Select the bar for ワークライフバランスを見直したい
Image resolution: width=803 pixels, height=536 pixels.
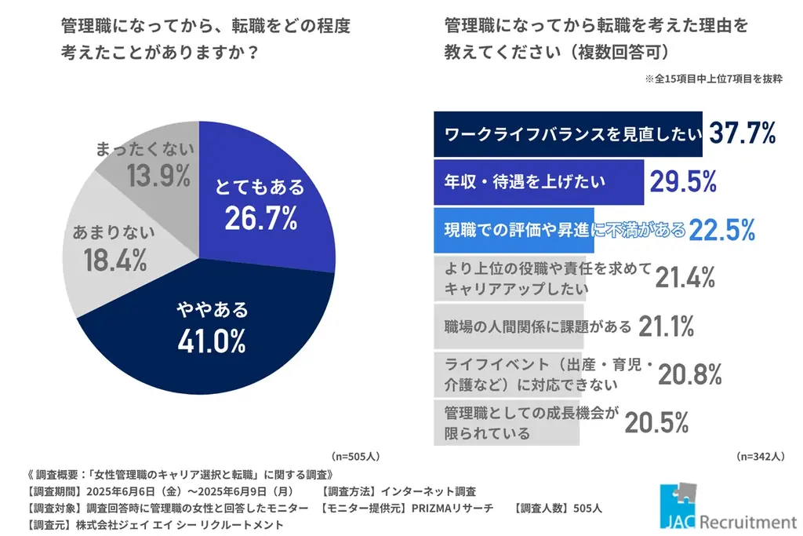[570, 135]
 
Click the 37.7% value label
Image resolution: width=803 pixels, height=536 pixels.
[742, 134]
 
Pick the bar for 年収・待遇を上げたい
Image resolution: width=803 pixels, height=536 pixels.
[539, 182]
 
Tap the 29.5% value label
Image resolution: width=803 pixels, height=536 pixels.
[682, 182]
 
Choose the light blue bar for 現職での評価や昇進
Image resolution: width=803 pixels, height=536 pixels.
[514, 230]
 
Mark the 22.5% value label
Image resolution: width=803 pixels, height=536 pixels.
[721, 230]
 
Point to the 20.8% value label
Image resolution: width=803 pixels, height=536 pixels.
[689, 375]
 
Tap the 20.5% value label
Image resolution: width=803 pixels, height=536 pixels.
[656, 422]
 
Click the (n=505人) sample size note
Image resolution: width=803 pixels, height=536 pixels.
[356, 455]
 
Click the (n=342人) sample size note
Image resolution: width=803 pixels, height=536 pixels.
[760, 455]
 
